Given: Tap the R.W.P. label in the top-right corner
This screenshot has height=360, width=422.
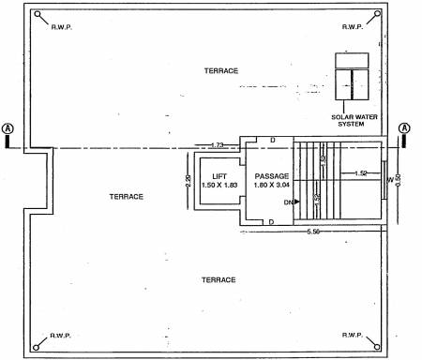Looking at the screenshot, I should [x=353, y=26].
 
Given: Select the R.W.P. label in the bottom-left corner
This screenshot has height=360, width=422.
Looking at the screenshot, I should [x=61, y=334].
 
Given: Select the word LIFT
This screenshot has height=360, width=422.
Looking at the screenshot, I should [x=219, y=176].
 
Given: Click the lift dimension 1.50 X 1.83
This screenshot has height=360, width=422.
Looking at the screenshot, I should [x=219, y=186].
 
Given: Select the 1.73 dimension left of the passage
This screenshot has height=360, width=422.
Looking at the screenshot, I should [x=218, y=143].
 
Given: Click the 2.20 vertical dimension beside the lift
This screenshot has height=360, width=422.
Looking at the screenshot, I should [x=188, y=180].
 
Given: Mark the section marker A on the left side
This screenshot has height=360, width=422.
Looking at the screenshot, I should [x=8, y=128].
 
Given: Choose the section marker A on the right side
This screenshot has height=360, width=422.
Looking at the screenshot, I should [x=405, y=128].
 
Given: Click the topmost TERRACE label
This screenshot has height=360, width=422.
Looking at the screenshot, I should [x=221, y=71].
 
